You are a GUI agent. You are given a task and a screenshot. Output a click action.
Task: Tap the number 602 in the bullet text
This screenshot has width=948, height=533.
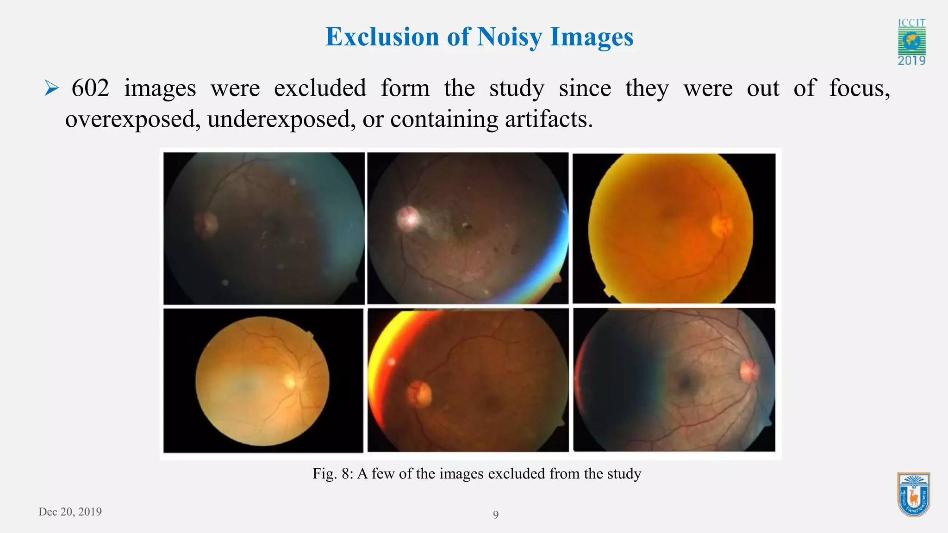(90, 88)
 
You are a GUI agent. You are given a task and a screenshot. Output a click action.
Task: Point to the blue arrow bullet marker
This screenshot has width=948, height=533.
(51, 88)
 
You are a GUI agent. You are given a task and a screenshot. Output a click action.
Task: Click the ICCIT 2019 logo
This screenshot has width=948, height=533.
(911, 42)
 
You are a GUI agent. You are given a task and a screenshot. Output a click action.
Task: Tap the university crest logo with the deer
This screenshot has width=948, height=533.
(913, 494)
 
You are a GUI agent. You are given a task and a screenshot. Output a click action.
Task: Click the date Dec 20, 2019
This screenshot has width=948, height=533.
(70, 512)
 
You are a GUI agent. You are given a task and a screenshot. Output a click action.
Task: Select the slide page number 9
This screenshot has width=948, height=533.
(496, 515)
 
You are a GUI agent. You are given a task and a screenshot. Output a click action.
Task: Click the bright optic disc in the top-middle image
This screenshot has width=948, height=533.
(408, 217)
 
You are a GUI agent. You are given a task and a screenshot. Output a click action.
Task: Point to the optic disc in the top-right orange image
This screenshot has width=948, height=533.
(721, 226)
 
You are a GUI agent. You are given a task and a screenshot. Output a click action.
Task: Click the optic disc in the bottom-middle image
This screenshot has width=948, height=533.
(419, 394)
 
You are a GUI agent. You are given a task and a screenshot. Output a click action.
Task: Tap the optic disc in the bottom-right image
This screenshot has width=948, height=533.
(748, 371)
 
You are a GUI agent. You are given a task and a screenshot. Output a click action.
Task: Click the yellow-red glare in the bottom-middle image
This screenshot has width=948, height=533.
(393, 338)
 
